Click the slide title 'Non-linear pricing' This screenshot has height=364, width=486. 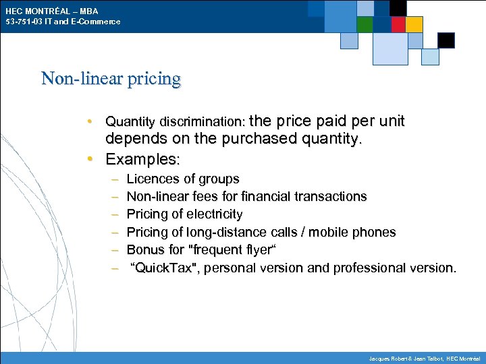[111, 79]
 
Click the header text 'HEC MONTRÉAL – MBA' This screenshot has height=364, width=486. [53, 11]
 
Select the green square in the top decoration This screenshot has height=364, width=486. [364, 24]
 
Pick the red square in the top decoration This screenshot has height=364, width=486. [398, 24]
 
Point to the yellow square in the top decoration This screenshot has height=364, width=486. [414, 24]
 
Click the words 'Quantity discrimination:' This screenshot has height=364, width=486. [175, 122]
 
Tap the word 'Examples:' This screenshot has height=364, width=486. [142, 160]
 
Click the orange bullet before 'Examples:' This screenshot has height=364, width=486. [90, 160]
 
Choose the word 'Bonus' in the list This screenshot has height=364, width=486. [144, 249]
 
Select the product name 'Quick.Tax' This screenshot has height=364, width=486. [166, 268]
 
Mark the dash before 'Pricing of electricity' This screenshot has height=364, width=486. [114, 214]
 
